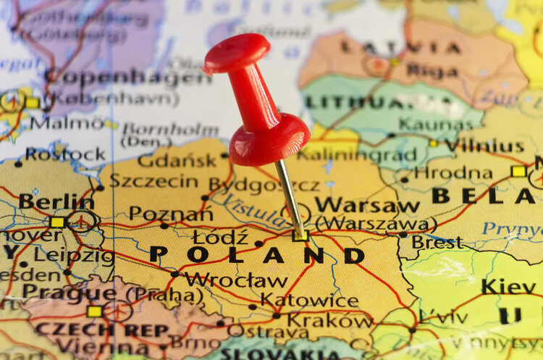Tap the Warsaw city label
click(367, 205)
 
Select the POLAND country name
click(257, 255)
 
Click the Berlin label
click(56, 201)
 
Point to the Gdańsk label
click(177, 160)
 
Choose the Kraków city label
click(329, 319)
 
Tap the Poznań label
click(171, 214)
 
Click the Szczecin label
click(154, 180)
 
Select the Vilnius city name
click(484, 145)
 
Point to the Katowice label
click(309, 300)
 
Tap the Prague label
click(69, 293)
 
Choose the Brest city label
click(437, 242)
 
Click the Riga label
click(433, 70)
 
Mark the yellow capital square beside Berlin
click(57, 222)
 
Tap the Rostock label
click(65, 154)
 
